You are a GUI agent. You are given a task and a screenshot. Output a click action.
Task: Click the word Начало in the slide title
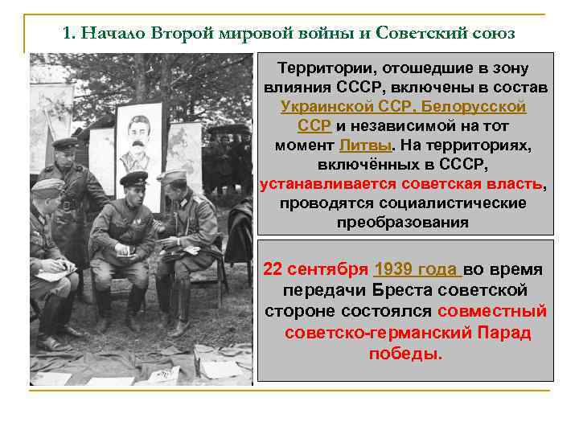(x=109, y=35)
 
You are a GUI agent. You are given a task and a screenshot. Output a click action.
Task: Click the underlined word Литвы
(x=365, y=145)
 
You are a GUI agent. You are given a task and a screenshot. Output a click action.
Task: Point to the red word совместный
(x=492, y=310)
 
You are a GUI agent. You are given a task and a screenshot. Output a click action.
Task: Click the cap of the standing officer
(x=66, y=144)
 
